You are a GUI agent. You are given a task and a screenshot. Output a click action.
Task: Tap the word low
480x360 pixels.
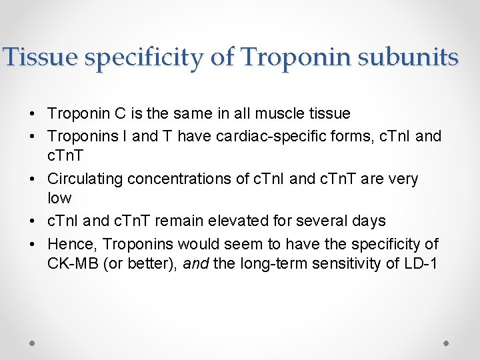[x=59, y=198]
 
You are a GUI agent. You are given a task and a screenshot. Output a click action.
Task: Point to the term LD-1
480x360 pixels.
[x=420, y=263]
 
